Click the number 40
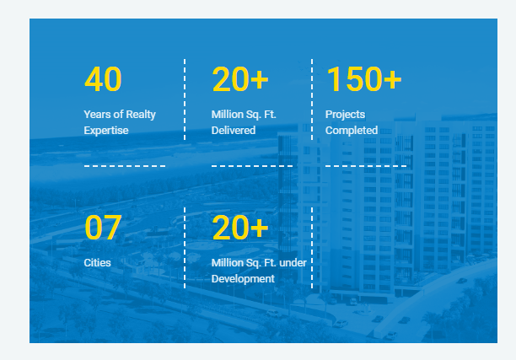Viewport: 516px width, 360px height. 103,79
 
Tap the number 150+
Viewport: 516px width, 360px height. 364,79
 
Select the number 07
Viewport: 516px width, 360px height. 103,228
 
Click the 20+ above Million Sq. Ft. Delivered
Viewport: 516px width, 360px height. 240,79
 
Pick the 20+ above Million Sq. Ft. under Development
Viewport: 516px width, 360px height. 240,228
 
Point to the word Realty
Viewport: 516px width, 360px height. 141,115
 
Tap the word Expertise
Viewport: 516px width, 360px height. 106,131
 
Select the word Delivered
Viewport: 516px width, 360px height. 234,131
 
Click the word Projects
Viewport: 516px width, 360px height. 345,115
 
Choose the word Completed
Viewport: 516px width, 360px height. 352,131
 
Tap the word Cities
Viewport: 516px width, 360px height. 98,262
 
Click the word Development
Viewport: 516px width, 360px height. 243,279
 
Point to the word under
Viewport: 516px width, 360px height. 293,262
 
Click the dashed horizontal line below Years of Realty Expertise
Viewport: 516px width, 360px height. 125,166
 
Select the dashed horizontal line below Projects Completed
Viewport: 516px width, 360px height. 366,166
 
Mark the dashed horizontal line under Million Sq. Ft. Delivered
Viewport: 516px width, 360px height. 252,166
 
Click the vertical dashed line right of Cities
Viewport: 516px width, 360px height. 185,248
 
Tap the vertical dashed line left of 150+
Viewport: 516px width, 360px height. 312,99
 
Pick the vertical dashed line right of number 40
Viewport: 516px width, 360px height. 185,99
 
